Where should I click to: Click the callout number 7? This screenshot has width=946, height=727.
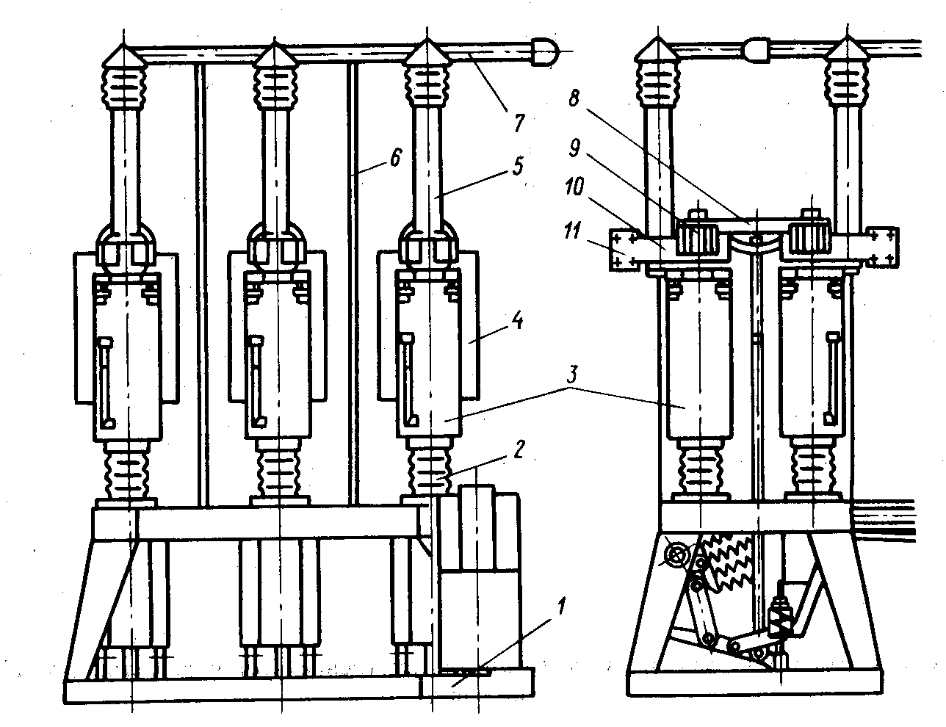[x=518, y=122]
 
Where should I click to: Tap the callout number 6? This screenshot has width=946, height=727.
[x=395, y=157]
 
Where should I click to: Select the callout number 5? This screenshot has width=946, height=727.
[x=517, y=166]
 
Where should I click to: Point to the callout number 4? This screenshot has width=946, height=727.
[x=517, y=321]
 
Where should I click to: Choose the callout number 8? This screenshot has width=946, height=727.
[x=574, y=98]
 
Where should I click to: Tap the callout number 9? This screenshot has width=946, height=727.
[x=574, y=148]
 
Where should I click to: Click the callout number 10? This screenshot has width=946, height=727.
[x=574, y=187]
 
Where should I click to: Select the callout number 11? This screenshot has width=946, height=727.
[x=572, y=230]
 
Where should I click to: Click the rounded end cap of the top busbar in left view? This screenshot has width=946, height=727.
[x=544, y=51]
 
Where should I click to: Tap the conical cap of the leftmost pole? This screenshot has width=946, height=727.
[x=124, y=54]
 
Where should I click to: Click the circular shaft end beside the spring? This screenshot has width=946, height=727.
[x=676, y=556]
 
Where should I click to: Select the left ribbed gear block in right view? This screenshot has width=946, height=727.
[x=698, y=236]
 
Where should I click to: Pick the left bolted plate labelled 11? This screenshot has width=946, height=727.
[x=623, y=250]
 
